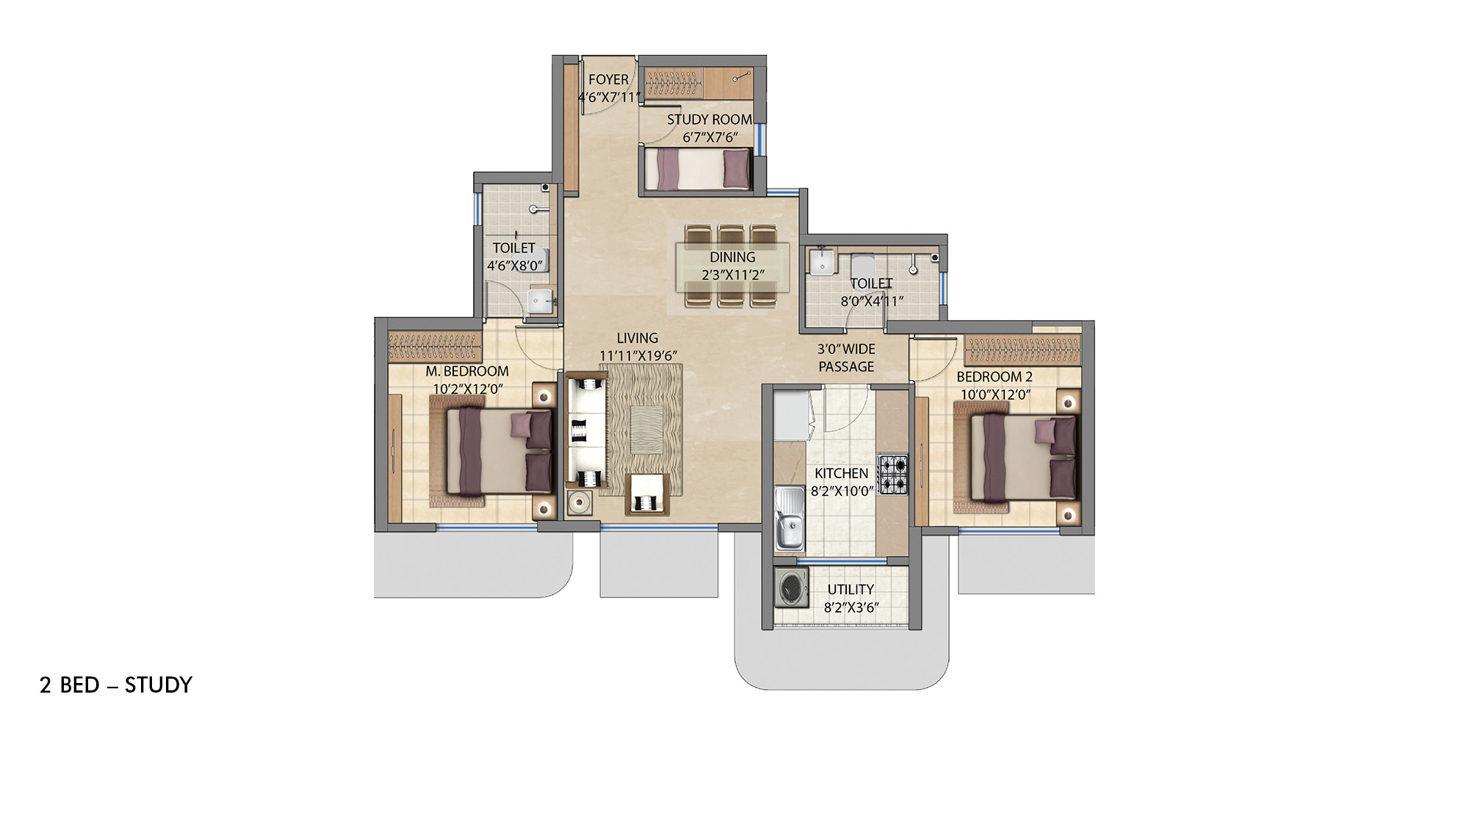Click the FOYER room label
pos(608,79)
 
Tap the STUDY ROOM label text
pos(710,119)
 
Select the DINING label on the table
pos(732,257)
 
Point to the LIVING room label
pos(637,338)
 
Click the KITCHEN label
pos(842,474)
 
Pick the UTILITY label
pos(851,590)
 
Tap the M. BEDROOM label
pos(467,372)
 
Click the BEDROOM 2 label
pos(995,377)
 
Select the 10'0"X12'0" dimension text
pos(996,394)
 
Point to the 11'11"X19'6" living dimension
pos(638,355)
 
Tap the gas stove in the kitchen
pos(894,474)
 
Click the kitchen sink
pos(790,518)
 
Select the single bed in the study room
pos(699,169)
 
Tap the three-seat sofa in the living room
pos(587,431)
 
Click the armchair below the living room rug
pos(647,494)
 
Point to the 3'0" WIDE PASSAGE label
pos(846,358)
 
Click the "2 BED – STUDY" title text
pos(116,685)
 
